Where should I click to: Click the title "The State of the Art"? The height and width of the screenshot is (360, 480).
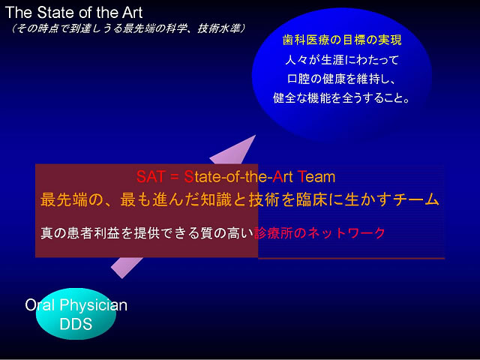pyautogui.click(x=73, y=13)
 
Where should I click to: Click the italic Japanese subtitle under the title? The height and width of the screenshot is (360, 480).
pyautogui.click(x=127, y=28)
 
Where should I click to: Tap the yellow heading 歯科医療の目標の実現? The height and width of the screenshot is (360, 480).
pyautogui.click(x=342, y=40)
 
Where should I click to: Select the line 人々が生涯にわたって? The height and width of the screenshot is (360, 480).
pyautogui.click(x=342, y=60)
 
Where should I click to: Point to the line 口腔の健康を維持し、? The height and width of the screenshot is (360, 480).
pyautogui.click(x=342, y=79)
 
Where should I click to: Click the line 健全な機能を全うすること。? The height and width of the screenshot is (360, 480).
pyautogui.click(x=341, y=98)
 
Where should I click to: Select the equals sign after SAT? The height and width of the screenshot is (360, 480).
pyautogui.click(x=175, y=178)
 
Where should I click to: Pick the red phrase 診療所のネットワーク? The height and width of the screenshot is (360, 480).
pyautogui.click(x=319, y=233)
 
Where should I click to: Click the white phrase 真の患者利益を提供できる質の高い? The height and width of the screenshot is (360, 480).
pyautogui.click(x=147, y=233)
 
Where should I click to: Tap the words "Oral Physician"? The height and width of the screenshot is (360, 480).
pyautogui.click(x=76, y=305)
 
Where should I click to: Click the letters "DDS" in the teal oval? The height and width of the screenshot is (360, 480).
pyautogui.click(x=76, y=324)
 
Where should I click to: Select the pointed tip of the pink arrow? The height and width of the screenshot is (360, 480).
pyautogui.click(x=255, y=136)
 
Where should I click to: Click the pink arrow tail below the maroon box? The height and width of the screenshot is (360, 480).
pyautogui.click(x=126, y=267)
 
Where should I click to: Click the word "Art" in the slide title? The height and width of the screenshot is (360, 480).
pyautogui.click(x=132, y=13)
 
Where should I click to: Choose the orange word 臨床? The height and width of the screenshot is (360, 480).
pyautogui.click(x=310, y=199)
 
